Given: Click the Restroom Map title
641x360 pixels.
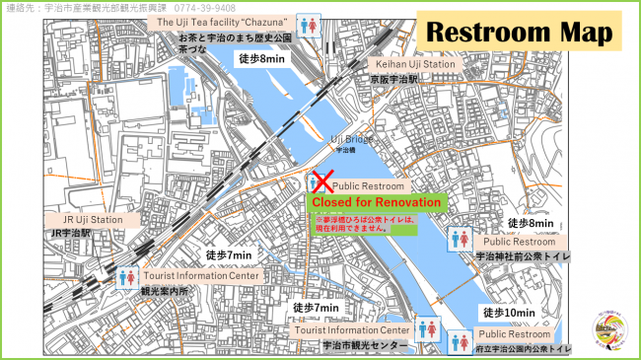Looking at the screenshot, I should click(519, 32).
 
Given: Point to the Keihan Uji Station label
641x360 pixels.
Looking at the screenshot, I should click(413, 64).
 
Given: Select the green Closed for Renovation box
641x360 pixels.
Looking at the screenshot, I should click(375, 201).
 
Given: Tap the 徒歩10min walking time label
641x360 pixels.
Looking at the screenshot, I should click(509, 313).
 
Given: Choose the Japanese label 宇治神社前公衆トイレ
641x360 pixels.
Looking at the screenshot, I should click(523, 255).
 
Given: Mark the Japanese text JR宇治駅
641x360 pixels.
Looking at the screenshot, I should click(70, 234).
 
